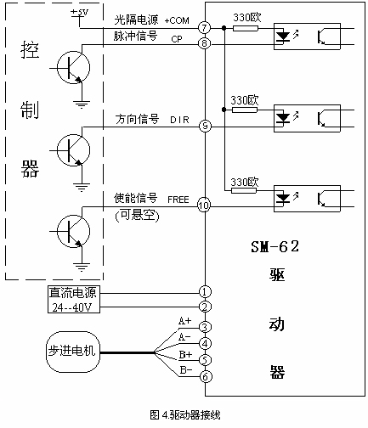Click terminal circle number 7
204,28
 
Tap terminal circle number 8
204,43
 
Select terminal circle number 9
205,126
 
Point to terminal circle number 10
204,206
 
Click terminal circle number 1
205,291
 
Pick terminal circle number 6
206,377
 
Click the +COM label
177,20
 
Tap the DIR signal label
179,120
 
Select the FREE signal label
178,200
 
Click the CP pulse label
177,39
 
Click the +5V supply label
80,13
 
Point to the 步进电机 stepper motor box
73,352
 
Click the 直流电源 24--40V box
74,300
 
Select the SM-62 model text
275,246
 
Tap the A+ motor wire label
184,321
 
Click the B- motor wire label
186,369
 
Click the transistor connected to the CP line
74,67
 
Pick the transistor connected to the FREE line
74,231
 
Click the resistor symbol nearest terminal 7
246,28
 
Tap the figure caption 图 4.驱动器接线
185,415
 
